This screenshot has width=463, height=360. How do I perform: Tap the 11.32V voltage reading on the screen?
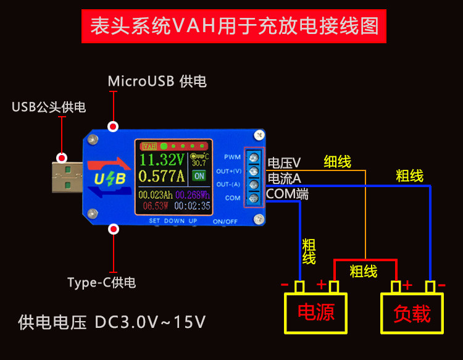click(x=162, y=159)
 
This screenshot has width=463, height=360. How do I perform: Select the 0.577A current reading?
click(x=162, y=177)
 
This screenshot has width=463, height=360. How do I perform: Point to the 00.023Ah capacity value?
click(x=156, y=196)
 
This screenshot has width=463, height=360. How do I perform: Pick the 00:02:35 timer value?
click(x=192, y=206)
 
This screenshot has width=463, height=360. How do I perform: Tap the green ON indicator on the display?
click(x=199, y=175)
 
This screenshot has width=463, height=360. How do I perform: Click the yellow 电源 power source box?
click(x=315, y=312)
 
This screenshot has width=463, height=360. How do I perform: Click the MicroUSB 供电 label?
click(x=157, y=81)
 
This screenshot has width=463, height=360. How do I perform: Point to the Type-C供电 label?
click(x=101, y=283)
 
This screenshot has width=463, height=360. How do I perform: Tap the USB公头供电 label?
click(x=49, y=107)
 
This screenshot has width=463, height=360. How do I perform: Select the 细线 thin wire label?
click(x=337, y=162)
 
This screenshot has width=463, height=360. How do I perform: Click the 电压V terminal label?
click(x=284, y=163)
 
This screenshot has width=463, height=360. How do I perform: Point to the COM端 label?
click(x=287, y=194)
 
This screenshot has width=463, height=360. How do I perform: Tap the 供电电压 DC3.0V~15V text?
click(x=112, y=322)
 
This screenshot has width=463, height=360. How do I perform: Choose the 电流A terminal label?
click(x=284, y=178)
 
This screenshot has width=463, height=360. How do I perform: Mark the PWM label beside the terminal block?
click(x=232, y=157)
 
